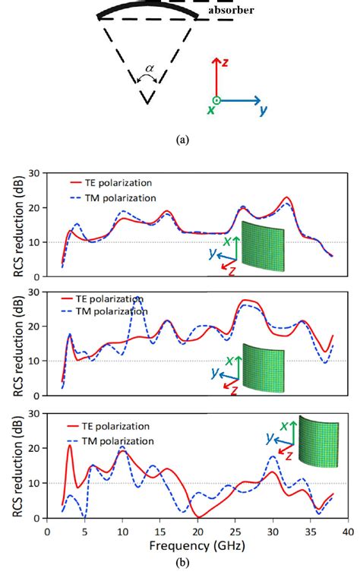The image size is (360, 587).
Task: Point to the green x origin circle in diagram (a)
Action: click(x=216, y=99)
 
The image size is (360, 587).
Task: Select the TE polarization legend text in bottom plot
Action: click(x=122, y=426)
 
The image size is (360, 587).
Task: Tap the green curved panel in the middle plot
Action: click(x=264, y=368)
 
